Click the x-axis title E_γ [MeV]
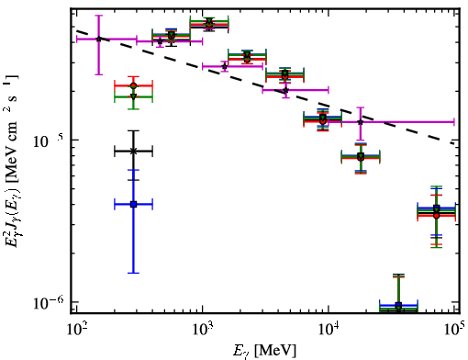pyautogui.click(x=264, y=351)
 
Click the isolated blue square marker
pyautogui.click(x=133, y=204)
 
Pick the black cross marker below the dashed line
pyautogui.click(x=133, y=151)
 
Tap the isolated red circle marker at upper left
pyautogui.click(x=133, y=85)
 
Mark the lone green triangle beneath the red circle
pyautogui.click(x=133, y=97)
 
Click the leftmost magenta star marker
pyautogui.click(x=98, y=39)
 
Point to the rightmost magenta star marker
pyautogui.click(x=361, y=122)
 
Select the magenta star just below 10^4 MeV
pyautogui.click(x=285, y=90)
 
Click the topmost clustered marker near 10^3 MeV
pyautogui.click(x=209, y=21)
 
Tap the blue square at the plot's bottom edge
pyautogui.click(x=398, y=305)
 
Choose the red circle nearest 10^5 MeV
pyautogui.click(x=437, y=216)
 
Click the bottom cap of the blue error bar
pyautogui.click(x=133, y=273)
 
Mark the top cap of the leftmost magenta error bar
pyautogui.click(x=98, y=15)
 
